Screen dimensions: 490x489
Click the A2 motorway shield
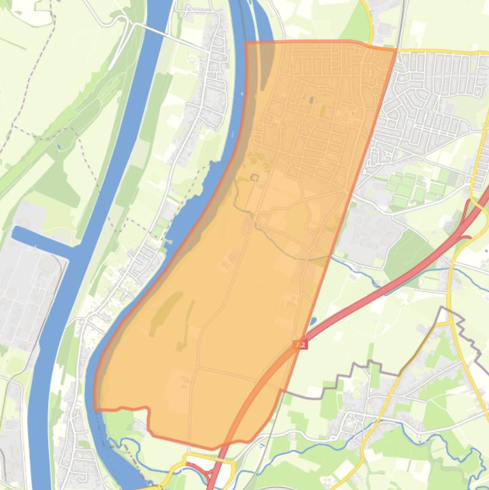[x=301, y=344]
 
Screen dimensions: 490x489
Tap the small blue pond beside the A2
[x=313, y=321]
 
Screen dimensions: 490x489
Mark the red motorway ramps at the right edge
[x=474, y=216]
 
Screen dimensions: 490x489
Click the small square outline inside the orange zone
[x=255, y=178]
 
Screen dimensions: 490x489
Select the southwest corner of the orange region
[x=95, y=408]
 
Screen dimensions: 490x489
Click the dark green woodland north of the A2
[x=407, y=251]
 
